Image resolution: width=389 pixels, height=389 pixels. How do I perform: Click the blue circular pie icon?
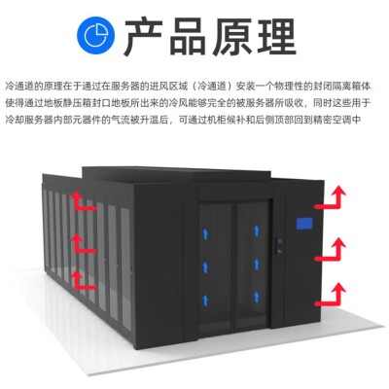96,35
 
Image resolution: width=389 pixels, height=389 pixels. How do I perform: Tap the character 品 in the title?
188,36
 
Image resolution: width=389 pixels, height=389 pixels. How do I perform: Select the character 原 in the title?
232,36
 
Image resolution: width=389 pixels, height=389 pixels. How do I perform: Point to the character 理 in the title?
276,36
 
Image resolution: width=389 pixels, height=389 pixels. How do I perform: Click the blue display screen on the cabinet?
304,224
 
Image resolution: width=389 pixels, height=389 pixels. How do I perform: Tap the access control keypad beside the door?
278,246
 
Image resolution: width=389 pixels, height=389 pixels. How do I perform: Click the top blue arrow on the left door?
205,233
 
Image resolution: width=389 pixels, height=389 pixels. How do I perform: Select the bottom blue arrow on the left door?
205,300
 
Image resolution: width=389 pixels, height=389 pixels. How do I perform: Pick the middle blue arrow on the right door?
257,264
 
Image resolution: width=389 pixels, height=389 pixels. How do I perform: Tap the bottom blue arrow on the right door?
257,297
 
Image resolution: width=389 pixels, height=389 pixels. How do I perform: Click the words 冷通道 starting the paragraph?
19,87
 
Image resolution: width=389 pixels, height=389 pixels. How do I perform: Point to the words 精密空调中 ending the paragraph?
337,120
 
